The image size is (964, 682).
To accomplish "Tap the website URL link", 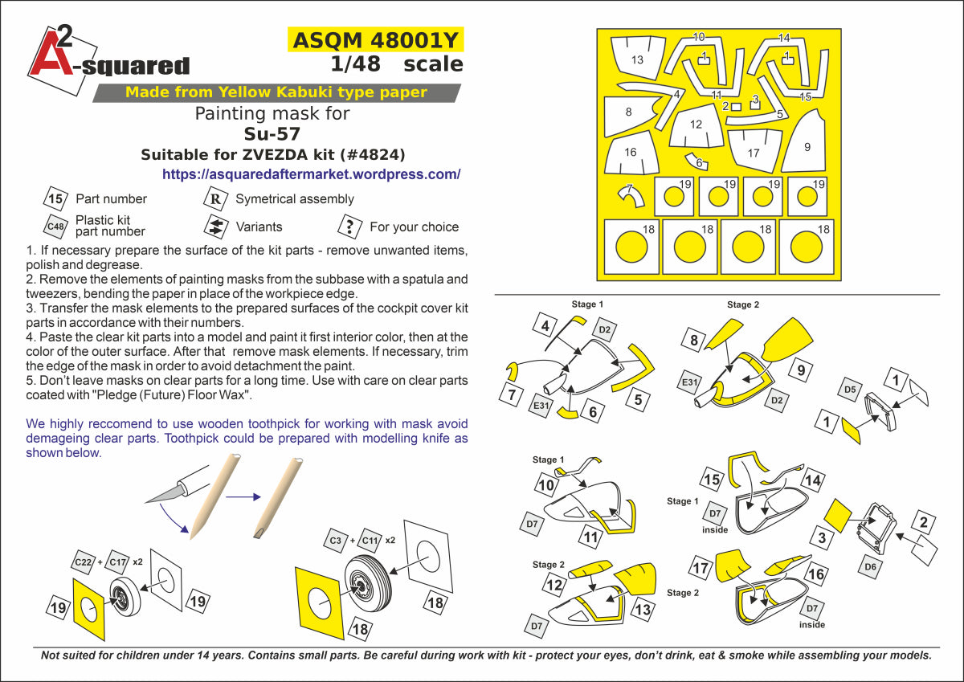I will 311,174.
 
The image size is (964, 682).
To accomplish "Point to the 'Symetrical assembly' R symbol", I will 215,198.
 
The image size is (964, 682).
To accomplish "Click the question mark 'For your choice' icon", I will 349,227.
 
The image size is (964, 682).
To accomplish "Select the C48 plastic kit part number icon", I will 55,227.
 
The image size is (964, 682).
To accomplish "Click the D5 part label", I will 851,390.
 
